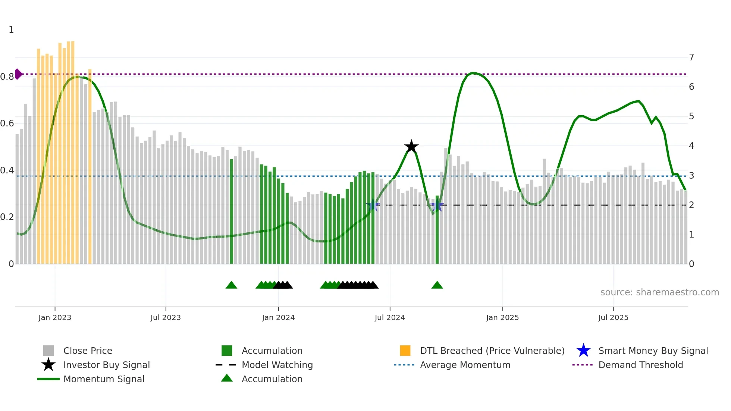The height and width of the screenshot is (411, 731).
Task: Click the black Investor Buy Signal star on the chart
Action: click(411, 147)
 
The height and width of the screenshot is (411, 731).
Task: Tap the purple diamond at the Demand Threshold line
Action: click(18, 74)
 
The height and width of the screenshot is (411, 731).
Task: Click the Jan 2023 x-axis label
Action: click(55, 317)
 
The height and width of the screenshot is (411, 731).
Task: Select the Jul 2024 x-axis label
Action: click(390, 317)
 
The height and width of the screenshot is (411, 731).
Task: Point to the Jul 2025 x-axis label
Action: click(613, 317)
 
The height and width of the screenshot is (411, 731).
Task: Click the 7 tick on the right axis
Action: click(691, 57)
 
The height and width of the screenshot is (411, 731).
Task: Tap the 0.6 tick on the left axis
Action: click(7, 123)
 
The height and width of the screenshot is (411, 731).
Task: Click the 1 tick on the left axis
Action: click(11, 30)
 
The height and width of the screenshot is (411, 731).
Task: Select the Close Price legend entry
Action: click(88, 351)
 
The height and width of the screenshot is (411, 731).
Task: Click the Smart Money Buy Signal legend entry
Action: click(653, 351)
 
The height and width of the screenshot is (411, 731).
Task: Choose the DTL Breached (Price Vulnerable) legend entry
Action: click(492, 351)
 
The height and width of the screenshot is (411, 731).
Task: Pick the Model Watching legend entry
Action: click(277, 365)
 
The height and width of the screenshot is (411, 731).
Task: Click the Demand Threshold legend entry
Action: click(640, 365)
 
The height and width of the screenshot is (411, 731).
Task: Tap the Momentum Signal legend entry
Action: click(104, 379)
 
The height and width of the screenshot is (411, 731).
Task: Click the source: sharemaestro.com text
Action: click(659, 292)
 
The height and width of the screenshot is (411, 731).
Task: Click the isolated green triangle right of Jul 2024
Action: click(437, 285)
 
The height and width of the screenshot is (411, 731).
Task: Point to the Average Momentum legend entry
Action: click(465, 365)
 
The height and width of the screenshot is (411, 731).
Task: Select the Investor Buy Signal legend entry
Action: click(106, 365)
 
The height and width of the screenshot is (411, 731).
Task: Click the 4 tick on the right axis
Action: click(691, 146)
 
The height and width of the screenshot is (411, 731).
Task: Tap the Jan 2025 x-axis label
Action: click(502, 317)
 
